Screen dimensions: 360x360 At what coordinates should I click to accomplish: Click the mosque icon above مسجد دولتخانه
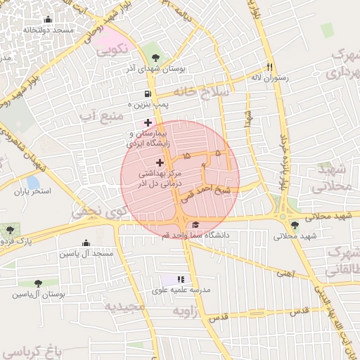pos(48,20)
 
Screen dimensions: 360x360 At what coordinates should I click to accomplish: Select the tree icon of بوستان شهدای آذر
pos(155,58)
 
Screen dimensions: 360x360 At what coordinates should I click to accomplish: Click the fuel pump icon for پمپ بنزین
pos(147,94)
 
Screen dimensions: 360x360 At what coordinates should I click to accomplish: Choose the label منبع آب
pos(98,114)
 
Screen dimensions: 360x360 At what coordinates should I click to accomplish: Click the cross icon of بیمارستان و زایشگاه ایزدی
pos(147,122)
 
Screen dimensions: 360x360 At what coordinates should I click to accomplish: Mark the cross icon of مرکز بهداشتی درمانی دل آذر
pos(159,162)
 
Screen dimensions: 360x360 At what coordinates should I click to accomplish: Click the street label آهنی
pos(285,272)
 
